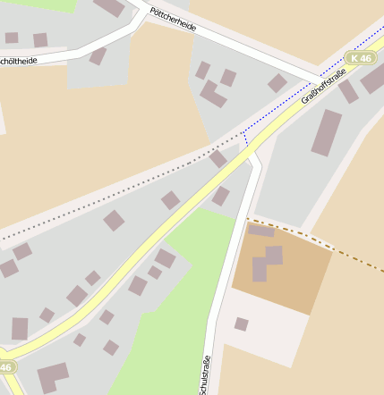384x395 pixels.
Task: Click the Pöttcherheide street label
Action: (x=174, y=20)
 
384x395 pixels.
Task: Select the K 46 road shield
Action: (x=360, y=58)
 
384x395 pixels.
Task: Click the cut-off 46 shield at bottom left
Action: (x=7, y=367)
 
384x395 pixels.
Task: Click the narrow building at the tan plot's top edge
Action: (x=261, y=231)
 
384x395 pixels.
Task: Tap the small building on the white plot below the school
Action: (x=241, y=324)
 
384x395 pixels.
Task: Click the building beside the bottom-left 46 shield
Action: (x=52, y=376)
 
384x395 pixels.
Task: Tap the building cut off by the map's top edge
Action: (x=109, y=7)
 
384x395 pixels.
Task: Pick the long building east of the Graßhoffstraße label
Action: (x=326, y=132)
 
